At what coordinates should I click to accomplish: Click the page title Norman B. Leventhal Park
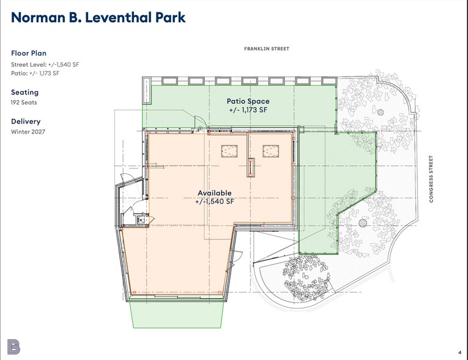tap(98, 17)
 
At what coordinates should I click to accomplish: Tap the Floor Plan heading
tap(29, 53)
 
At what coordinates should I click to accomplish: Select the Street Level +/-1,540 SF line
tap(45, 64)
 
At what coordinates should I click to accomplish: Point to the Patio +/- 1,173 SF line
tap(35, 73)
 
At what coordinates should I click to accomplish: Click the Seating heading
tap(24, 92)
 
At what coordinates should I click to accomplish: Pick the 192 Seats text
tap(24, 102)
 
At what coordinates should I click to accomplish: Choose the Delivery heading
tap(26, 121)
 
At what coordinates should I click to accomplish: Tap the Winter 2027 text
tap(28, 132)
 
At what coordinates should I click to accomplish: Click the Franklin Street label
tap(267, 49)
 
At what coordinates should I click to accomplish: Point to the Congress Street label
tap(431, 179)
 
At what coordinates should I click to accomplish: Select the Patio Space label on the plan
tap(248, 101)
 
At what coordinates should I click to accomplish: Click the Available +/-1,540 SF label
tap(215, 197)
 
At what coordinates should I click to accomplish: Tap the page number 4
tap(459, 353)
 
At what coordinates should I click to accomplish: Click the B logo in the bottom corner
tap(13, 347)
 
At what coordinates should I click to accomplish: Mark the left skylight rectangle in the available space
tap(229, 151)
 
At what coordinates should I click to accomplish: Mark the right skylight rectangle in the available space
tap(271, 151)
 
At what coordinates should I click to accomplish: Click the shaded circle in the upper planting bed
tap(381, 112)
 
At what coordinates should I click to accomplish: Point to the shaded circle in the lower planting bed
tap(363, 223)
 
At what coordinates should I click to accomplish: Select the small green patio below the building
tap(177, 313)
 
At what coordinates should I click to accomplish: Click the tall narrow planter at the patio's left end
tap(146, 90)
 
